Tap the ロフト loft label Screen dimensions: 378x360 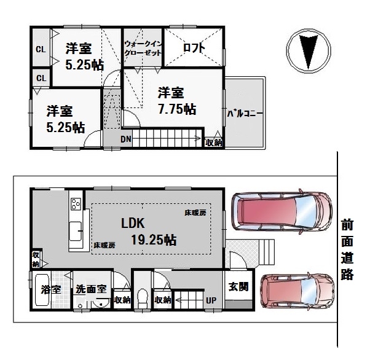coord(194,48)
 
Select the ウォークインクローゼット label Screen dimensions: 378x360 coord(143,48)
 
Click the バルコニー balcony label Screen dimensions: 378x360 coord(245,113)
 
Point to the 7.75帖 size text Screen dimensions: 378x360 coord(177,109)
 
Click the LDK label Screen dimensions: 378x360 coord(133,223)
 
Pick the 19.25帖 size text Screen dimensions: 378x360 coord(154,240)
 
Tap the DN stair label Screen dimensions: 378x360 coord(126,139)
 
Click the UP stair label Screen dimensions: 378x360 coord(211,300)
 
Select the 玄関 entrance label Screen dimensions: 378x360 coord(238,286)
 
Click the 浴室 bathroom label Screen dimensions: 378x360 coord(51,289)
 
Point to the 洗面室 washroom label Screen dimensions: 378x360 coord(91,289)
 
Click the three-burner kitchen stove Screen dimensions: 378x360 coord(76,204)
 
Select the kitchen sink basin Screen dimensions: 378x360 coord(76,232)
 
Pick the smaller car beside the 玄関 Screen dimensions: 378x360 coord(297,291)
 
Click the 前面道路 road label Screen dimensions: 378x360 coord(347,249)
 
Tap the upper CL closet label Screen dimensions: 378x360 coord(41,49)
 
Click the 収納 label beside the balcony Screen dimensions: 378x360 coord(214,143)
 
